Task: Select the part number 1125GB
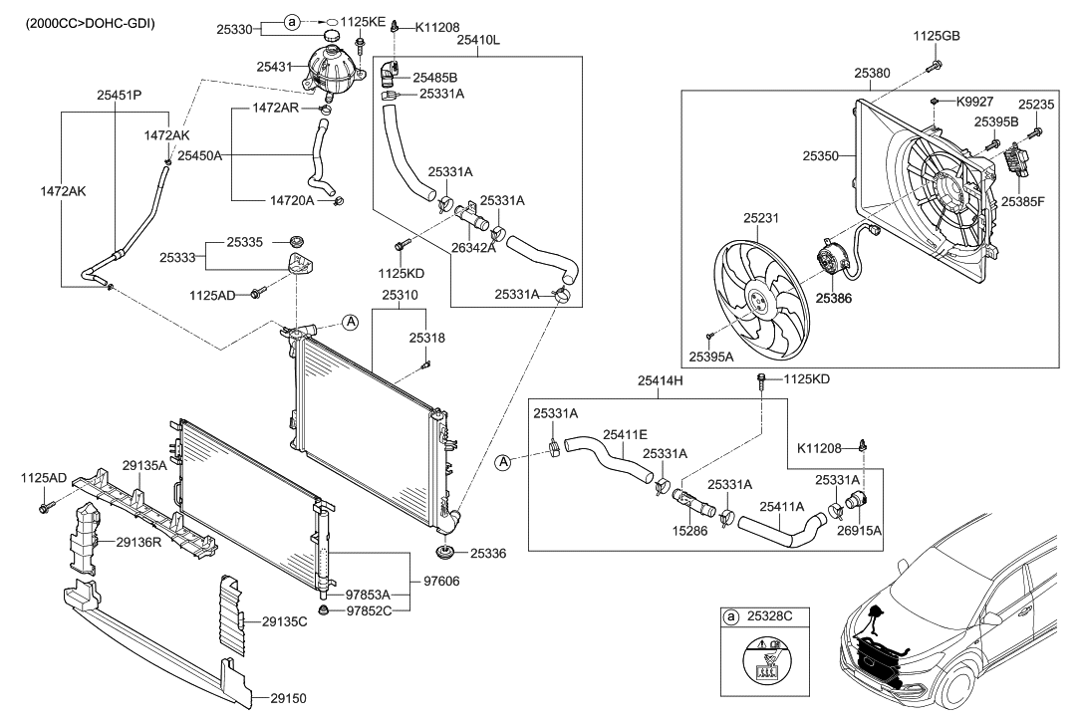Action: click(x=937, y=36)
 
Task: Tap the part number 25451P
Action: click(x=119, y=97)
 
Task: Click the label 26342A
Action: click(x=474, y=249)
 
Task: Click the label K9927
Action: click(x=975, y=102)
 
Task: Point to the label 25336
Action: click(x=488, y=552)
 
